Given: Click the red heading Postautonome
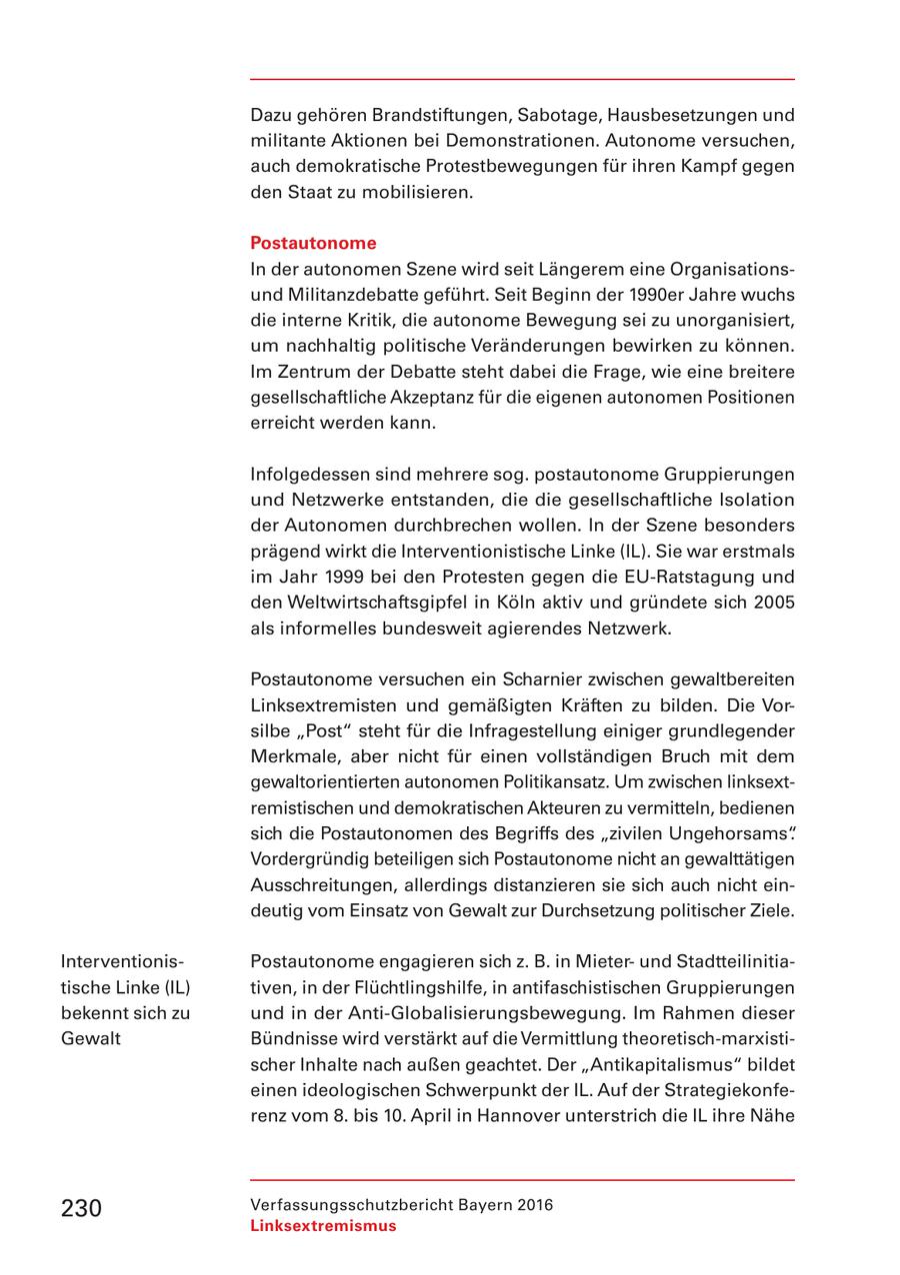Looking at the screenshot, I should (313, 243).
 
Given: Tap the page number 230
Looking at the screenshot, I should (81, 1208).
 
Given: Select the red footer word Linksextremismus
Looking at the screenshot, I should (323, 1226).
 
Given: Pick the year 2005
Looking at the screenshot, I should (774, 603).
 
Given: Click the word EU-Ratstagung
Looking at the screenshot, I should (689, 577).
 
